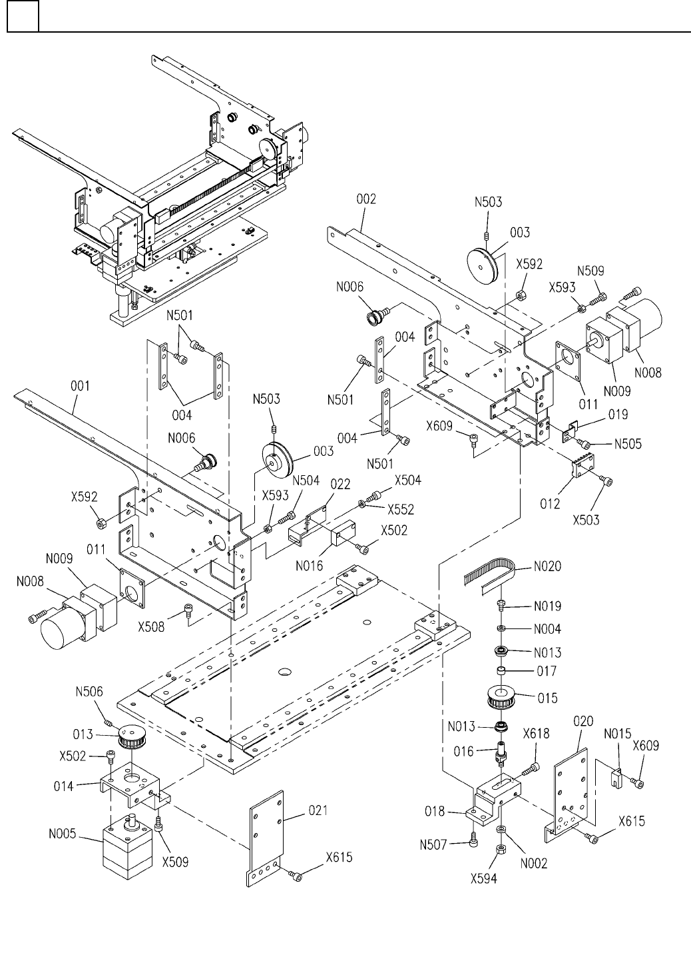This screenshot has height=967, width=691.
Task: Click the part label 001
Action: click(x=79, y=386)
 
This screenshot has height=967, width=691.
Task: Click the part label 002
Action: click(x=366, y=199)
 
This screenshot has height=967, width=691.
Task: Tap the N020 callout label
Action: click(x=547, y=567)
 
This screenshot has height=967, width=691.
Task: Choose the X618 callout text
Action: click(x=536, y=734)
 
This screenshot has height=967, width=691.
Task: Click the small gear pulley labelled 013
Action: click(x=131, y=736)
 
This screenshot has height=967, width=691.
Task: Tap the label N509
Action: click(x=590, y=271)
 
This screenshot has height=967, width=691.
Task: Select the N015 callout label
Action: click(x=617, y=734)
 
